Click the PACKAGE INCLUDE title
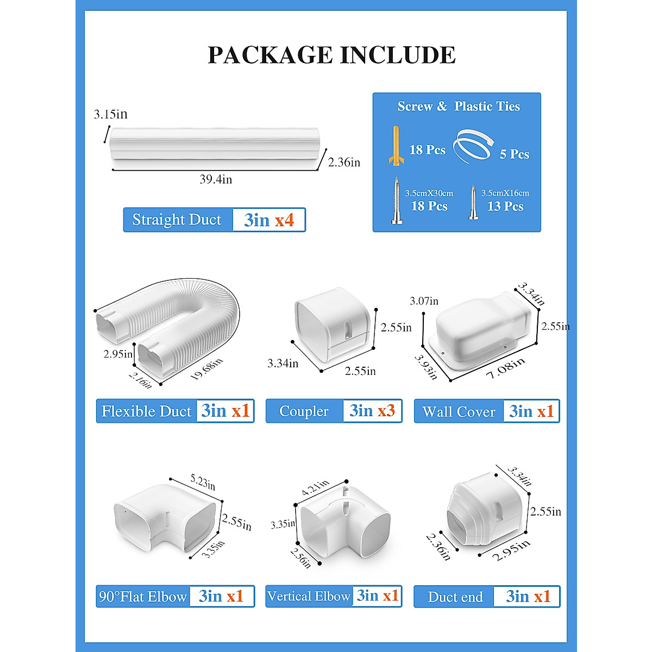pyautogui.click(x=331, y=55)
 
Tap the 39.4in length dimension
pyautogui.click(x=216, y=179)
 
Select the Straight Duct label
pyautogui.click(x=177, y=220)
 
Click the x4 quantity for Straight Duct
pyautogui.click(x=284, y=220)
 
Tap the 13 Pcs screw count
pyautogui.click(x=505, y=206)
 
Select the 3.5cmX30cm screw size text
pyautogui.click(x=429, y=193)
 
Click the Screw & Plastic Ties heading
pyautogui.click(x=458, y=106)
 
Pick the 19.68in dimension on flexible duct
pyautogui.click(x=207, y=370)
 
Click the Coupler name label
pyautogui.click(x=304, y=411)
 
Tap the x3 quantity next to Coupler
pyautogui.click(x=386, y=411)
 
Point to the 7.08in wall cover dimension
pyautogui.click(x=506, y=368)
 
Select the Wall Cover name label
pyautogui.click(x=459, y=412)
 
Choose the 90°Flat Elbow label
pyautogui.click(x=143, y=597)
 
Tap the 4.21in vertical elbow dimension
pyautogui.click(x=316, y=487)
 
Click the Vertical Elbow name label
pyautogui.click(x=309, y=596)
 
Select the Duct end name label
pyautogui.click(x=455, y=597)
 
